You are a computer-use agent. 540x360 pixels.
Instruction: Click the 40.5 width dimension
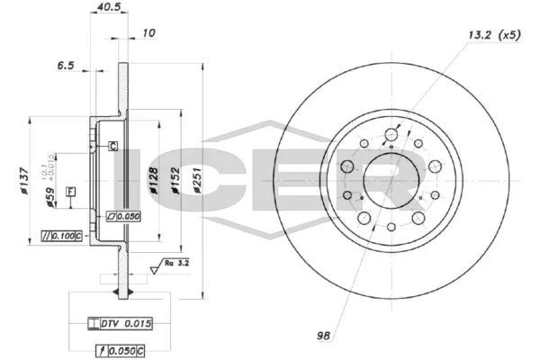point(106,10)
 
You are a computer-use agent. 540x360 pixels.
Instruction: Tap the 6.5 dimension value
point(65,66)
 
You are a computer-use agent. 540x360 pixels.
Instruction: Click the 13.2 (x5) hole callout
point(493,35)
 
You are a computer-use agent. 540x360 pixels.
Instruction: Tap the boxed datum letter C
point(113,146)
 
